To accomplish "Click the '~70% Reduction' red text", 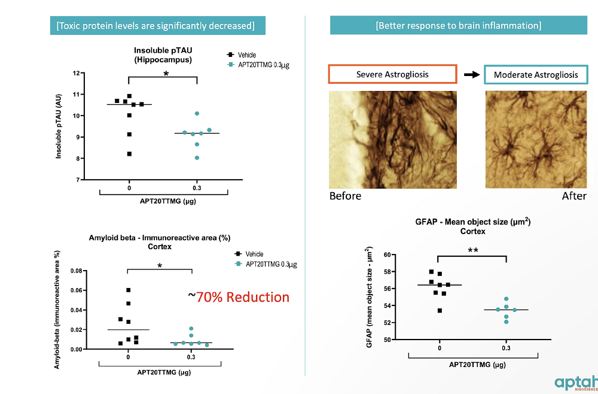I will click(x=239, y=297).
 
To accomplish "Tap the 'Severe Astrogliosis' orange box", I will click(x=392, y=74).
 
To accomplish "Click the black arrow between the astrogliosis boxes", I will click(x=472, y=75).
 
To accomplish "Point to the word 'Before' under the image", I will click(x=345, y=196).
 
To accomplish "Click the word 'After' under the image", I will click(x=574, y=196).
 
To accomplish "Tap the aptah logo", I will click(x=575, y=383).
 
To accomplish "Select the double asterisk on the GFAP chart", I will click(x=472, y=250).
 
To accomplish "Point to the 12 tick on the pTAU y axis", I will click(x=76, y=73).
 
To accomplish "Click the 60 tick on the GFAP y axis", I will click(x=420, y=255).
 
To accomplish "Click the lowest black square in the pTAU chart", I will click(x=129, y=154).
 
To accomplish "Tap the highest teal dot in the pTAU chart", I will click(x=197, y=113).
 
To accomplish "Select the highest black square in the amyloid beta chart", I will click(x=129, y=290).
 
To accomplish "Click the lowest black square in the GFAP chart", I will click(x=440, y=310).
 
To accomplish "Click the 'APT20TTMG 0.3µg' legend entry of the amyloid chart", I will click(x=267, y=264).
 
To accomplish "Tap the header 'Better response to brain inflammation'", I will click(x=458, y=25).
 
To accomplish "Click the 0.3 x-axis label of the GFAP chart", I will click(x=506, y=347).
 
